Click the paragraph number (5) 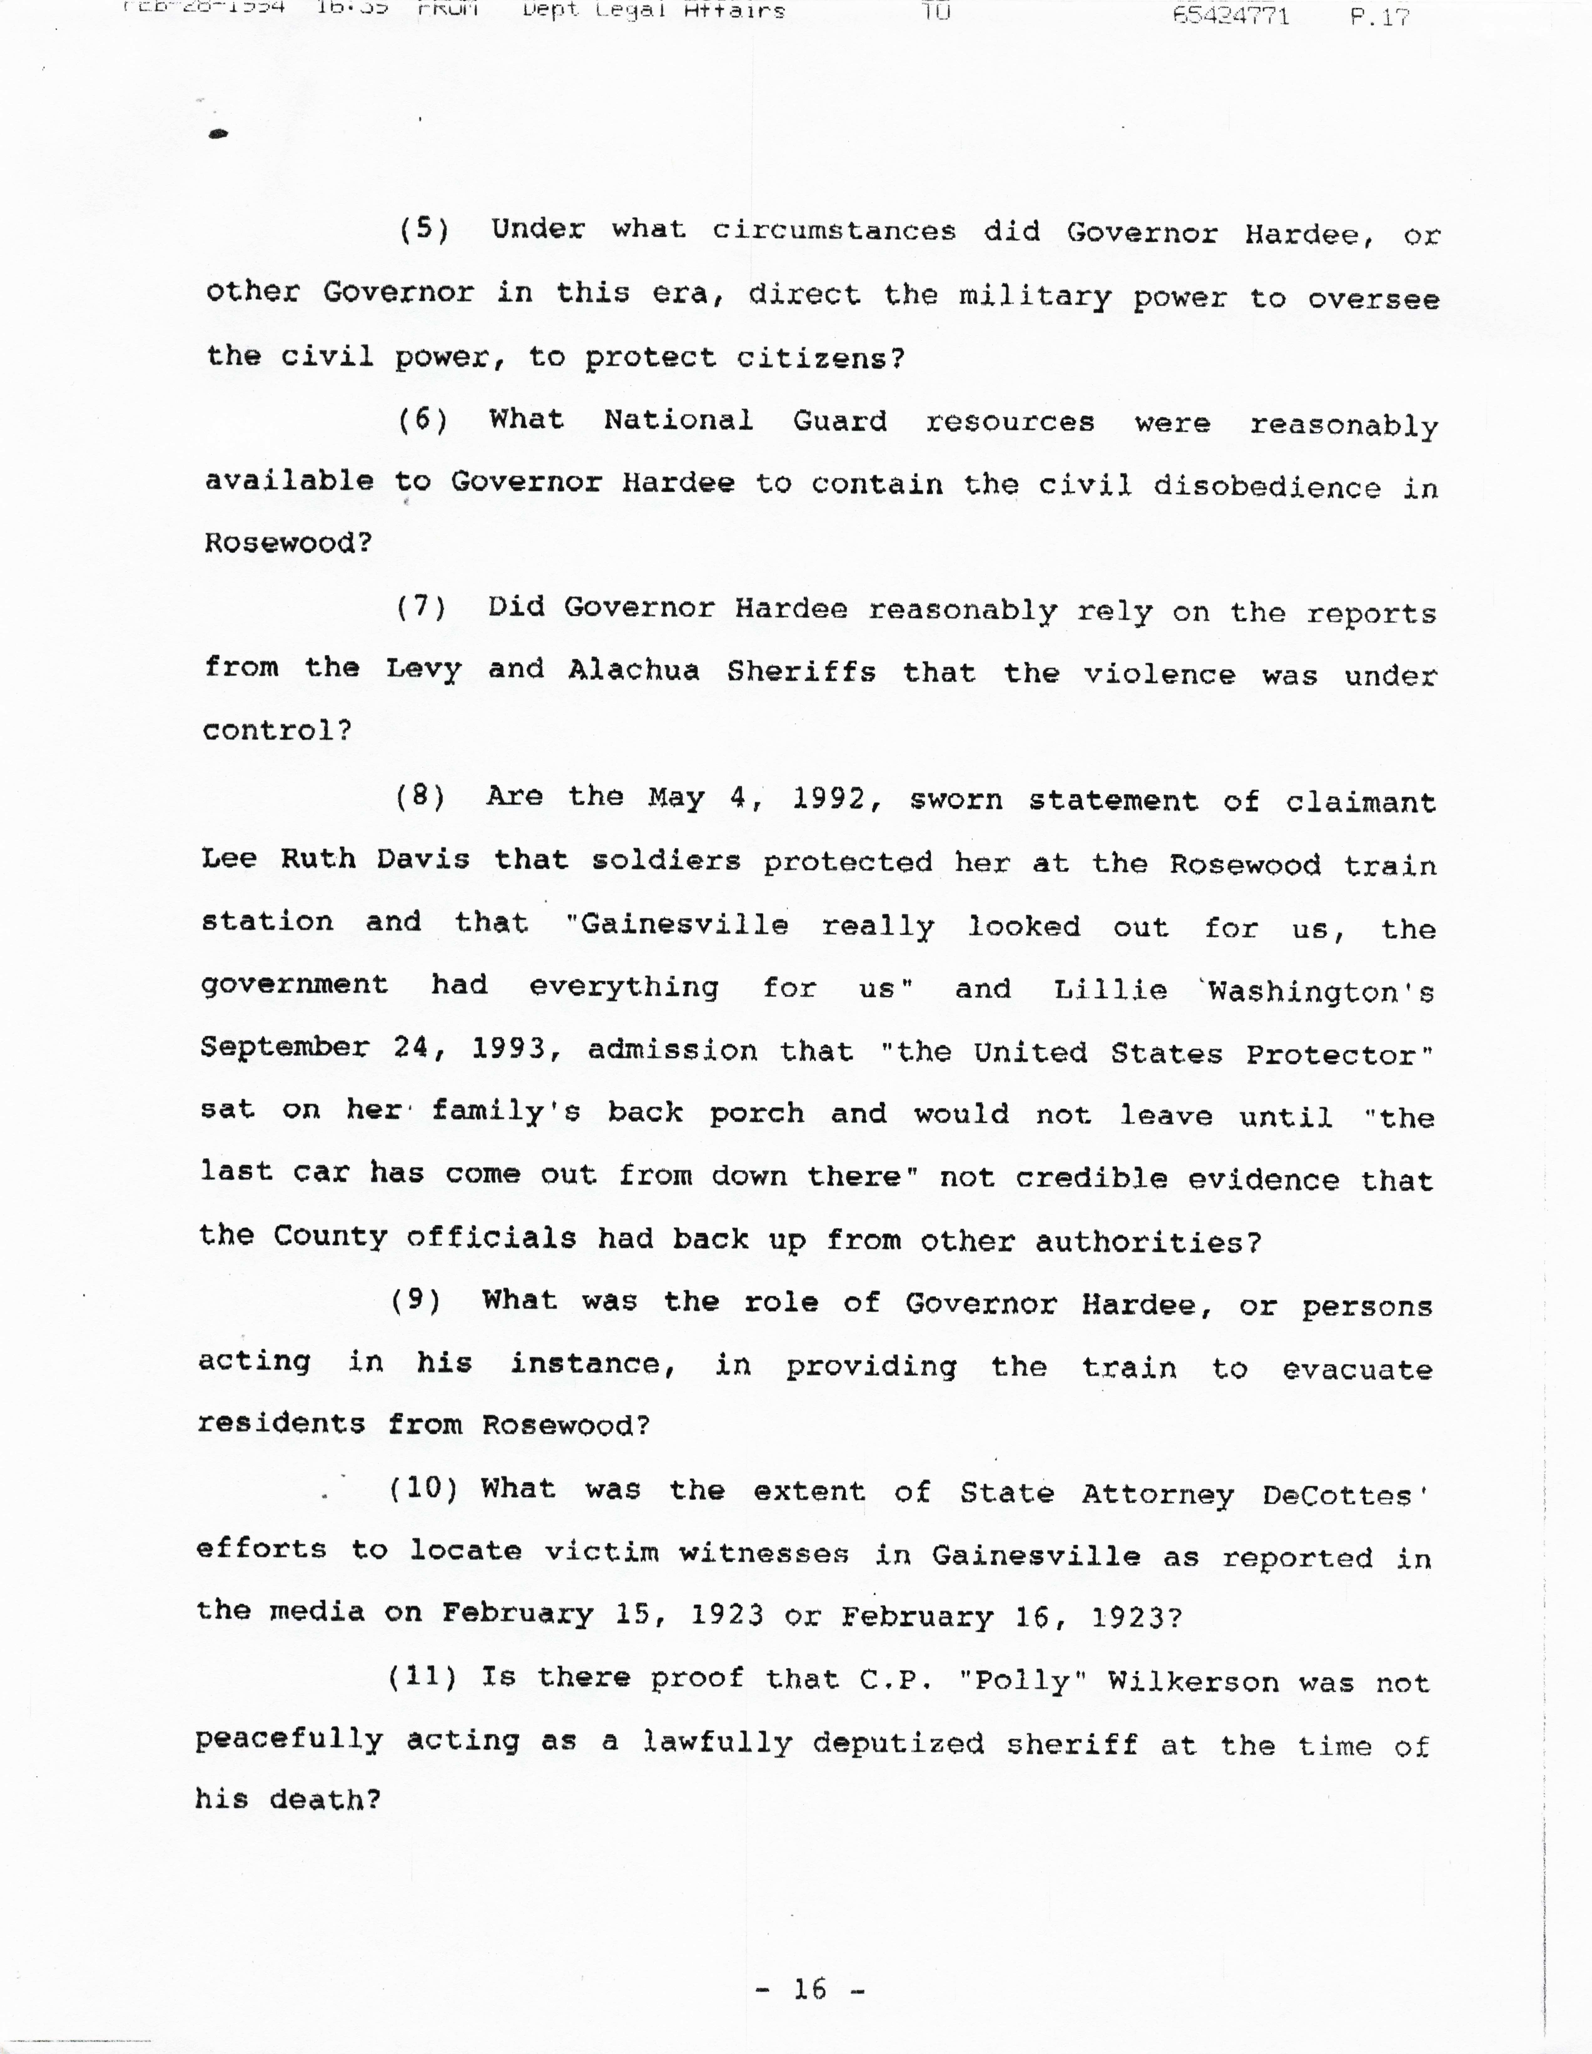tap(424, 230)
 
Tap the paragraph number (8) tap(419, 796)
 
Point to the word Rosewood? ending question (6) tap(289, 543)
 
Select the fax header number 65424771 tap(1230, 15)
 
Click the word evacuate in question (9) tap(1357, 1369)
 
